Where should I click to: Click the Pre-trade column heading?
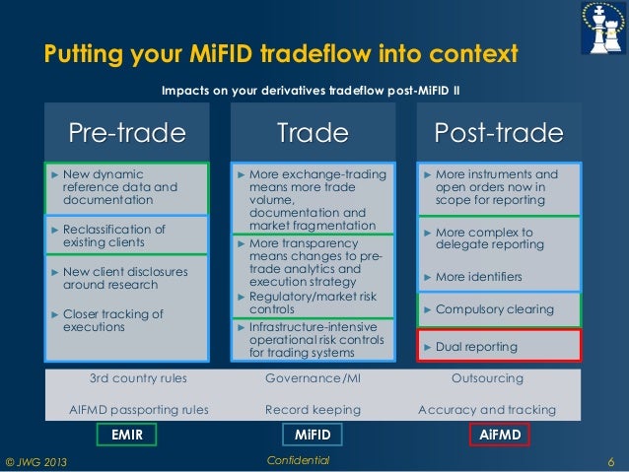(x=126, y=133)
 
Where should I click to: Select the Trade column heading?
(x=313, y=133)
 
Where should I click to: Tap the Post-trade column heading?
(x=499, y=133)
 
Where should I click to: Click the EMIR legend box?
(x=127, y=434)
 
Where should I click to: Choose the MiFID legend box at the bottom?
(x=314, y=434)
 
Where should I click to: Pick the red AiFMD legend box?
(x=499, y=434)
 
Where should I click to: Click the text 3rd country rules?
(x=138, y=378)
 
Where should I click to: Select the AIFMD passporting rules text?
(x=138, y=410)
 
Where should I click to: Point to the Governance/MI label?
(x=313, y=378)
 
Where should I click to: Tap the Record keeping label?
(x=313, y=410)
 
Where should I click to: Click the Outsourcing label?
(x=486, y=378)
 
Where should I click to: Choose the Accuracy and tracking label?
(x=486, y=410)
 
